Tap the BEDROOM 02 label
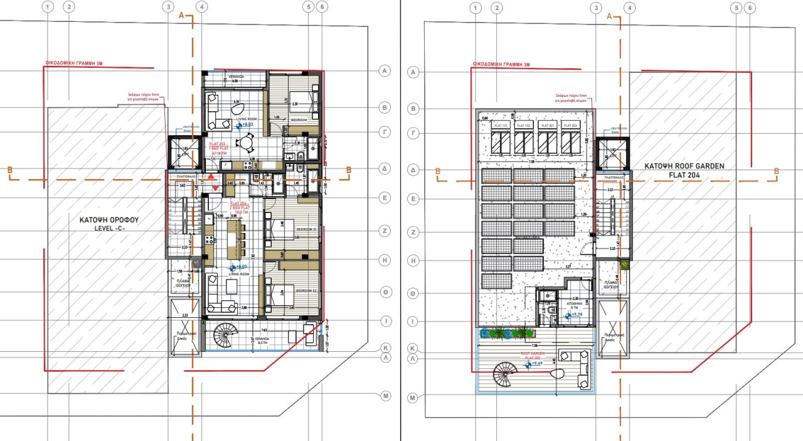click(x=305, y=291)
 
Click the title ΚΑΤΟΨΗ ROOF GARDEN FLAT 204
click(x=684, y=171)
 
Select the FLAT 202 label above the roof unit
click(x=570, y=126)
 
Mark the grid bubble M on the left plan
click(x=386, y=396)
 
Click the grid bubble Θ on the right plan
click(x=413, y=293)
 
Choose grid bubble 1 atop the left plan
click(x=48, y=7)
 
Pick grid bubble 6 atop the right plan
click(x=749, y=8)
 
